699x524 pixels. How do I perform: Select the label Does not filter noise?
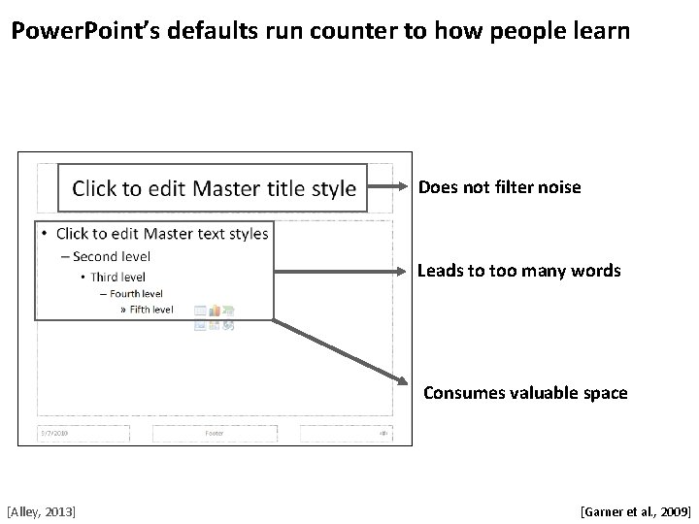pyautogui.click(x=500, y=186)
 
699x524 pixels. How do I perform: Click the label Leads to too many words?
pyautogui.click(x=518, y=271)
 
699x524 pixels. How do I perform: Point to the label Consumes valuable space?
pyautogui.click(x=525, y=393)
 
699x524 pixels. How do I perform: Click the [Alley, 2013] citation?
pyautogui.click(x=42, y=509)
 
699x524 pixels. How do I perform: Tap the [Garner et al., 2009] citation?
pyautogui.click(x=635, y=509)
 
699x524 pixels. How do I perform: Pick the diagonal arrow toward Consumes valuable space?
pyautogui.click(x=340, y=349)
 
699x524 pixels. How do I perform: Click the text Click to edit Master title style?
pyautogui.click(x=215, y=188)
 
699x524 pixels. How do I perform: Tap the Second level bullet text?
pyautogui.click(x=110, y=257)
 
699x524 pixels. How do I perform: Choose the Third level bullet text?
pyautogui.click(x=119, y=277)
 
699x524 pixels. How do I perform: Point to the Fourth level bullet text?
pyautogui.click(x=135, y=293)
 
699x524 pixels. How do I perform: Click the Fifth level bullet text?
pyautogui.click(x=150, y=310)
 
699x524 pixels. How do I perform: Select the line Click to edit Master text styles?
pyautogui.click(x=161, y=234)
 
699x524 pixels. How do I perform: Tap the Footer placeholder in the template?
pyautogui.click(x=215, y=433)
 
